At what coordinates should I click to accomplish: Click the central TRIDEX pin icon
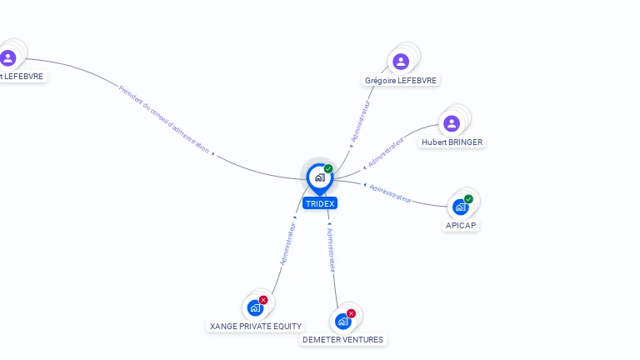320,178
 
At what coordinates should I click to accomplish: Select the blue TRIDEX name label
320,203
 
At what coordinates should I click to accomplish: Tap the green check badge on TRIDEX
328,168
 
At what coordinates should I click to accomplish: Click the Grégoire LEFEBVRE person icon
401,62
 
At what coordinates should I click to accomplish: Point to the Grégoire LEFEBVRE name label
401,80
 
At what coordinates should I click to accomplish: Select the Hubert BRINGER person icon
452,123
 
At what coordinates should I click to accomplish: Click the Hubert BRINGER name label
452,142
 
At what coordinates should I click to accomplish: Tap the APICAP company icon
460,207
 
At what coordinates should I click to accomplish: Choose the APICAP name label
461,225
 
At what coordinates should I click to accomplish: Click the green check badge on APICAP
468,199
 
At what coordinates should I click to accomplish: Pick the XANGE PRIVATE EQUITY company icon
255,307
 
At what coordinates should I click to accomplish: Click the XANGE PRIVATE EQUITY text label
256,326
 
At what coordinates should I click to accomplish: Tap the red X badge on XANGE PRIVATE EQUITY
263,300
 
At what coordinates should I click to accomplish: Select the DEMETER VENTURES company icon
342,321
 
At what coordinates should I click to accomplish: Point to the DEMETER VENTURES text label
342,340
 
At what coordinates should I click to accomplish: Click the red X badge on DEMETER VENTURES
351,313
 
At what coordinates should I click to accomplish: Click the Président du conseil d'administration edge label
163,119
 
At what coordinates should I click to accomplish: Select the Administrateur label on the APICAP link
390,193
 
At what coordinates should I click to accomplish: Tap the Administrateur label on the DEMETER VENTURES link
331,250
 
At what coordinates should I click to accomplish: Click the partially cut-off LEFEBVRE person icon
8,58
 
